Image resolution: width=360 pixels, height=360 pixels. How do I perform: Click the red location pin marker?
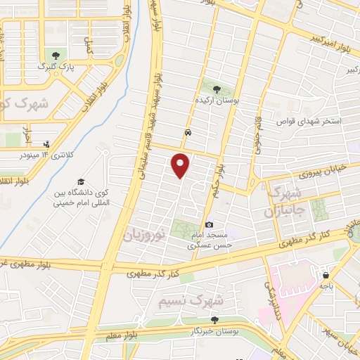(x=181, y=165)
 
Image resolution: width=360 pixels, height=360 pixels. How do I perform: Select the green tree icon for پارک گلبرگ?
(x=55, y=55)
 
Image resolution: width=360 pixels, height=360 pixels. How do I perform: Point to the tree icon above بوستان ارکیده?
(x=217, y=89)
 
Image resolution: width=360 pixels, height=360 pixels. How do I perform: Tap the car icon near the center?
(x=188, y=132)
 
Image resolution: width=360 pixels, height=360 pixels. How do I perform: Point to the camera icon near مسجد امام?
(x=209, y=224)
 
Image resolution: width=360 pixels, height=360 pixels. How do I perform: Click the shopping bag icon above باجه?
(x=326, y=274)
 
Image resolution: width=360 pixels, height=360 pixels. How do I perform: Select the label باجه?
(x=326, y=285)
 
